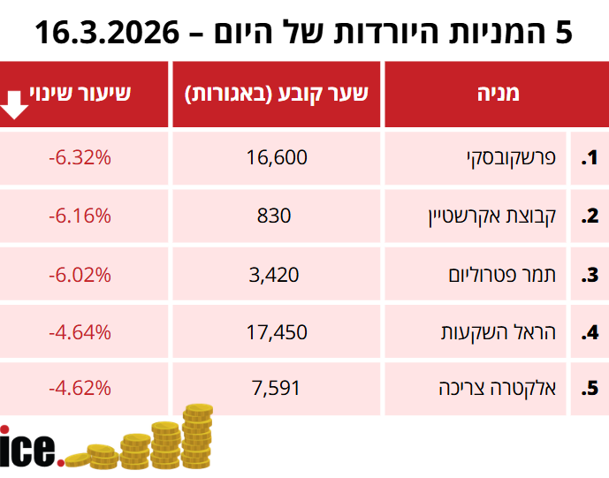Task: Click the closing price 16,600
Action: coord(278,158)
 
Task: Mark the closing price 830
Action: coord(277,216)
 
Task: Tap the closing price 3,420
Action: coord(277,274)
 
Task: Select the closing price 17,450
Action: coord(278,332)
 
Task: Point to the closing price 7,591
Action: coord(277,388)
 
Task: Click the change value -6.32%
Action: coord(80,158)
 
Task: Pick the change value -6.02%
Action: coord(80,274)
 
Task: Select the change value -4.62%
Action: coord(80,388)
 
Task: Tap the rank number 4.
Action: coord(590,333)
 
